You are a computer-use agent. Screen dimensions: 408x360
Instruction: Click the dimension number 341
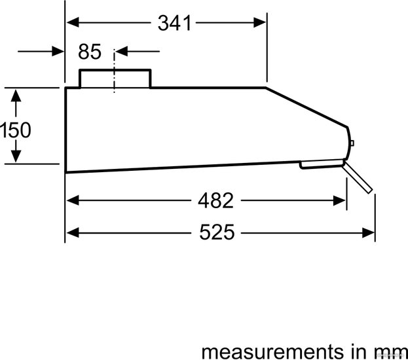174,23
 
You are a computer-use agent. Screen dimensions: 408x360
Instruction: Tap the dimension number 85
90,52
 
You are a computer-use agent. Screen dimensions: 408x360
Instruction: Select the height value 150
16,130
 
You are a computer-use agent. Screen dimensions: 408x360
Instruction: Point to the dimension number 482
215,200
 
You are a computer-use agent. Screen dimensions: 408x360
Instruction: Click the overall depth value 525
217,232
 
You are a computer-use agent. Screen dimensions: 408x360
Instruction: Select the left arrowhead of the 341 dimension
73,22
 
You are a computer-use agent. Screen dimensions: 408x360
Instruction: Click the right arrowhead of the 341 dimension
260,23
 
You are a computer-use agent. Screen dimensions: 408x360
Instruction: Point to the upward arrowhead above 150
16,96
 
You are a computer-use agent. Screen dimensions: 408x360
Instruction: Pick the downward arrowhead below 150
16,156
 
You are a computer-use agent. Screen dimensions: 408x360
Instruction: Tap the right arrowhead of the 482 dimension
340,201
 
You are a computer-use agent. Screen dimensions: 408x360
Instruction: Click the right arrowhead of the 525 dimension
369,232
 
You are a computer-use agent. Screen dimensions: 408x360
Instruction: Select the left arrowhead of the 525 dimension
73,232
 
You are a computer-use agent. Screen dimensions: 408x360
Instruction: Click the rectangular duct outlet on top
115,79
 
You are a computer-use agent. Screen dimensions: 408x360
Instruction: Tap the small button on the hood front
352,143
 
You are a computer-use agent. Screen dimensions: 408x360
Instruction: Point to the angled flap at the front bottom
358,177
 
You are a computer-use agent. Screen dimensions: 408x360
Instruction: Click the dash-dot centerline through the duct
114,71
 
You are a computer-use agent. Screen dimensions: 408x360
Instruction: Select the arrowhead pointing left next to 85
122,52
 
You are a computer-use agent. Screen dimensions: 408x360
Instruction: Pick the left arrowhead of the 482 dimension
73,201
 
